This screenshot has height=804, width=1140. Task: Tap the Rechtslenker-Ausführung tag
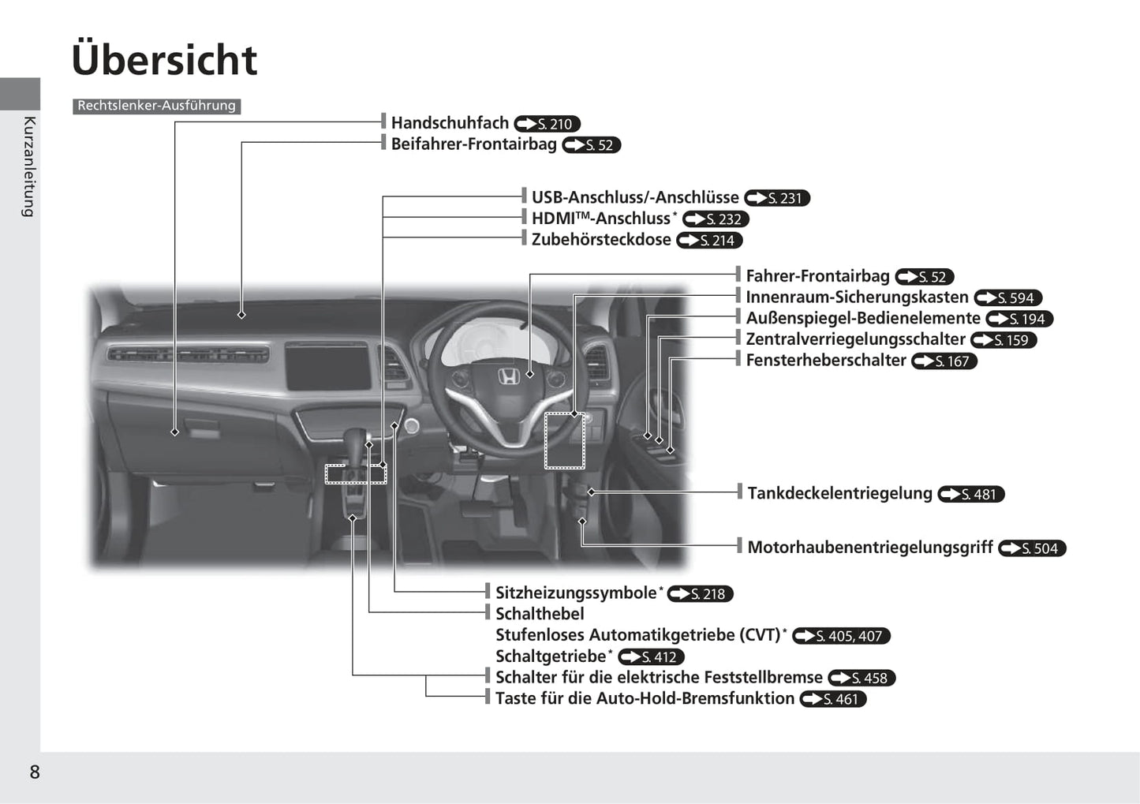point(157,106)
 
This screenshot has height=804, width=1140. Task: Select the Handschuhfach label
point(450,122)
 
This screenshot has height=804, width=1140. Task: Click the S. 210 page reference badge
point(547,124)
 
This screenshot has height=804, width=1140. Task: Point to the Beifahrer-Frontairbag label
point(474,144)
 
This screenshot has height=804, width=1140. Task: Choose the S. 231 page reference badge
point(777,198)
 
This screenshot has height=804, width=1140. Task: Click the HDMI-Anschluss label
point(604,219)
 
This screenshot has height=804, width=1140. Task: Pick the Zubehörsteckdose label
point(601,240)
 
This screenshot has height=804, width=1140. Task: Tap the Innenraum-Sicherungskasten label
point(857,297)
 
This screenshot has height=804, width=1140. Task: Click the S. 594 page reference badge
point(1008,297)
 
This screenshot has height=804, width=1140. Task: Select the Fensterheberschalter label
point(826,361)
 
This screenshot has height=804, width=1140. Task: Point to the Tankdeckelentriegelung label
point(839,493)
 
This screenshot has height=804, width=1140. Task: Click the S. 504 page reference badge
point(1032,548)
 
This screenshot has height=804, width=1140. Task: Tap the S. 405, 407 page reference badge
point(841,636)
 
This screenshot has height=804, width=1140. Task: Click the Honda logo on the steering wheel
point(508,376)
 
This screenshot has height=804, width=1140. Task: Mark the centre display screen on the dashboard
point(327,366)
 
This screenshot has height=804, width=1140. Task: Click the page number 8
point(35,772)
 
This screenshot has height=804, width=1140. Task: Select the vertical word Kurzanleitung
point(29,167)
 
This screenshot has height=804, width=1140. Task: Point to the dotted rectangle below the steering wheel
point(564,441)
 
